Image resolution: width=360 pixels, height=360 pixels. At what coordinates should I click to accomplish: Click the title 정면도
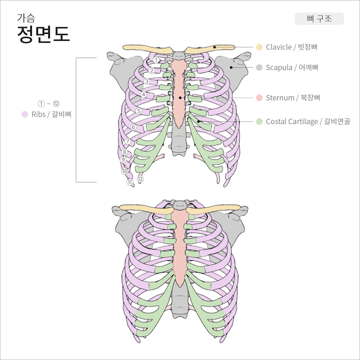43,34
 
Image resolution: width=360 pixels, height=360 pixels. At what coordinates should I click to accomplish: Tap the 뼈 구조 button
319,19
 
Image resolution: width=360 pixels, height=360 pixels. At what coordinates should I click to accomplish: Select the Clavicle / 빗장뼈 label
292,47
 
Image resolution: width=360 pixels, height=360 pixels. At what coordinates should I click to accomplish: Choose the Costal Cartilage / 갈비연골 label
308,121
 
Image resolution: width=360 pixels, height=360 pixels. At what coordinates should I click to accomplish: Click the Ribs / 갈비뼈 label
51,114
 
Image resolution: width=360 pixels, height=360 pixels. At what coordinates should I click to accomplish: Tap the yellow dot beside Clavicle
259,47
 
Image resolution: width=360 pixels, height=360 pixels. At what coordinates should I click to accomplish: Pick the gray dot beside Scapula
259,67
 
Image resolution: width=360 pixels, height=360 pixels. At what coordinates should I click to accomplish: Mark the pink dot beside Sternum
259,98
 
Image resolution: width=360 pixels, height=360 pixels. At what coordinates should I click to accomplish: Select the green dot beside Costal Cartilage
259,121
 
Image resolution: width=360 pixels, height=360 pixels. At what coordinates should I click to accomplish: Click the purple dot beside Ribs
24,114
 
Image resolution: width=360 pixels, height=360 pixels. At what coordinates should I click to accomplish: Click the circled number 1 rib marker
156,61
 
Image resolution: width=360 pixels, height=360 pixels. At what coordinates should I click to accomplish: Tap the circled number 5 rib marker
138,111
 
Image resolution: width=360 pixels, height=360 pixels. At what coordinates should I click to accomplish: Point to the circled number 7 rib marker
128,141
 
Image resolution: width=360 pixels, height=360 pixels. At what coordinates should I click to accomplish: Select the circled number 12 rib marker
140,179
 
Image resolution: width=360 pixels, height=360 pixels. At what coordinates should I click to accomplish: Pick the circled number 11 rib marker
130,182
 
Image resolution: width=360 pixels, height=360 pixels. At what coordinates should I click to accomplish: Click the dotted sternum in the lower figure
179,247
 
